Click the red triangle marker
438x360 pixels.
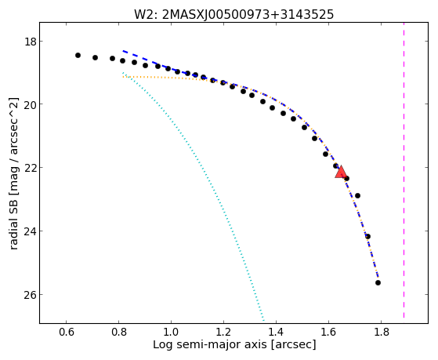[341, 173]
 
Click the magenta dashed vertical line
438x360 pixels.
[404, 170]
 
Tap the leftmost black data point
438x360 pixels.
[78, 56]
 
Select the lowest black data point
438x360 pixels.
[378, 283]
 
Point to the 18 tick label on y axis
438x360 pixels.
[30, 42]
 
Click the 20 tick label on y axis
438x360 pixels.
[30, 104]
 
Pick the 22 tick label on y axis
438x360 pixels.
[30, 168]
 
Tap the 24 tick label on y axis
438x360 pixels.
[30, 231]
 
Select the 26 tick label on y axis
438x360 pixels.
[30, 295]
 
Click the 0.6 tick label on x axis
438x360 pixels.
[66, 333]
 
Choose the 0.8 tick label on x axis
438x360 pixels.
[119, 333]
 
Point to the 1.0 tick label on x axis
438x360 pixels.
[171, 333]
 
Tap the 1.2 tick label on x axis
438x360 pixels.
[223, 333]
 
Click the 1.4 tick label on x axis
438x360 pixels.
[276, 333]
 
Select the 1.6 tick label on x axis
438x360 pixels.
[328, 333]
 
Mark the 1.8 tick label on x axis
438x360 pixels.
[381, 333]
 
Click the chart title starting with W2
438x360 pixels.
[233, 14]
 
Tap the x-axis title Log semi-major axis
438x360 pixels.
[234, 345]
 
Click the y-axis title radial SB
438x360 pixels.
[13, 173]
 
